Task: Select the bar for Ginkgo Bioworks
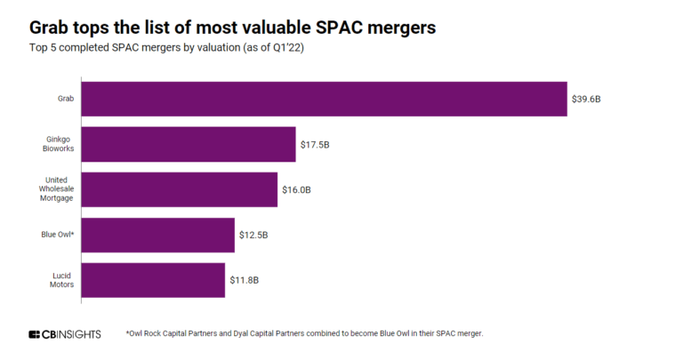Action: pyautogui.click(x=189, y=144)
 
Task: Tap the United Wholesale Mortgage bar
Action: pyautogui.click(x=180, y=189)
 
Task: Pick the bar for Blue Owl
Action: pyautogui.click(x=158, y=235)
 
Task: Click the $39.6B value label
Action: pyautogui.click(x=587, y=99)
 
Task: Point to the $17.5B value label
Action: pyautogui.click(x=316, y=144)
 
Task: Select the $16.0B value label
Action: pyautogui.click(x=297, y=189)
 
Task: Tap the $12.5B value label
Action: pyautogui.click(x=254, y=235)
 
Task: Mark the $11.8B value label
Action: pyautogui.click(x=245, y=280)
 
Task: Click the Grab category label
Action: pyautogui.click(x=64, y=99)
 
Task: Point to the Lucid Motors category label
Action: pyautogui.click(x=60, y=280)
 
